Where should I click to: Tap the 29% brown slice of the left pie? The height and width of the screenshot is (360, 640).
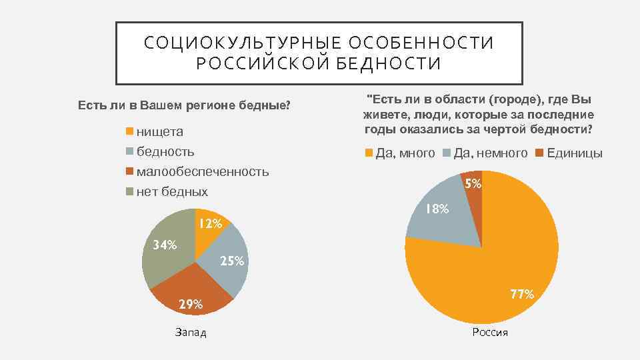pos(193,290)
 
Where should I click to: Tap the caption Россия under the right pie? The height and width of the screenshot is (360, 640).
pos(489,332)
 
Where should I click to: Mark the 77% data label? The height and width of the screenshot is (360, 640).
pos(522,294)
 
